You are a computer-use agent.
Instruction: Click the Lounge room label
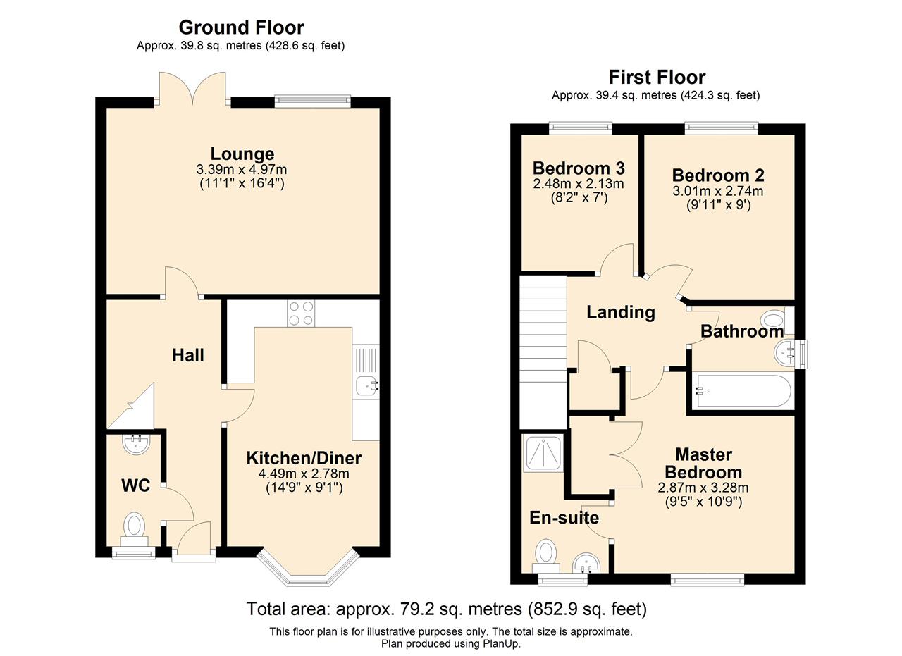[242, 154]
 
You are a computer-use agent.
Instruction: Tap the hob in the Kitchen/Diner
[301, 314]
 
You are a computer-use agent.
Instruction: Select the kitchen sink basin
[367, 386]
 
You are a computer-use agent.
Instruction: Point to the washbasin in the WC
[137, 444]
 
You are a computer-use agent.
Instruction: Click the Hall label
[187, 355]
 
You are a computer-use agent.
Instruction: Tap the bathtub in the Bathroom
[743, 391]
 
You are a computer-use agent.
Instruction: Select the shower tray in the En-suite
[543, 454]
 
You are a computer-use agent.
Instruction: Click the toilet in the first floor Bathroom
[777, 321]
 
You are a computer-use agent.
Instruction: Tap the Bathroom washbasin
[786, 354]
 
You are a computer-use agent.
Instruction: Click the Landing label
[621, 312]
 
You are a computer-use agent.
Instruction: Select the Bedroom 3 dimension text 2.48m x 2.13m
[579, 184]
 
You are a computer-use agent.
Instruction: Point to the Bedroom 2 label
[718, 175]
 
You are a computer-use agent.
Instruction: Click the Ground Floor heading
[241, 27]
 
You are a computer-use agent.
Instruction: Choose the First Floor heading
[657, 77]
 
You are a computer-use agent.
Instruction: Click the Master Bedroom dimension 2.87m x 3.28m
[703, 488]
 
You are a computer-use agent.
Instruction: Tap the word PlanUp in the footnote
[501, 643]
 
